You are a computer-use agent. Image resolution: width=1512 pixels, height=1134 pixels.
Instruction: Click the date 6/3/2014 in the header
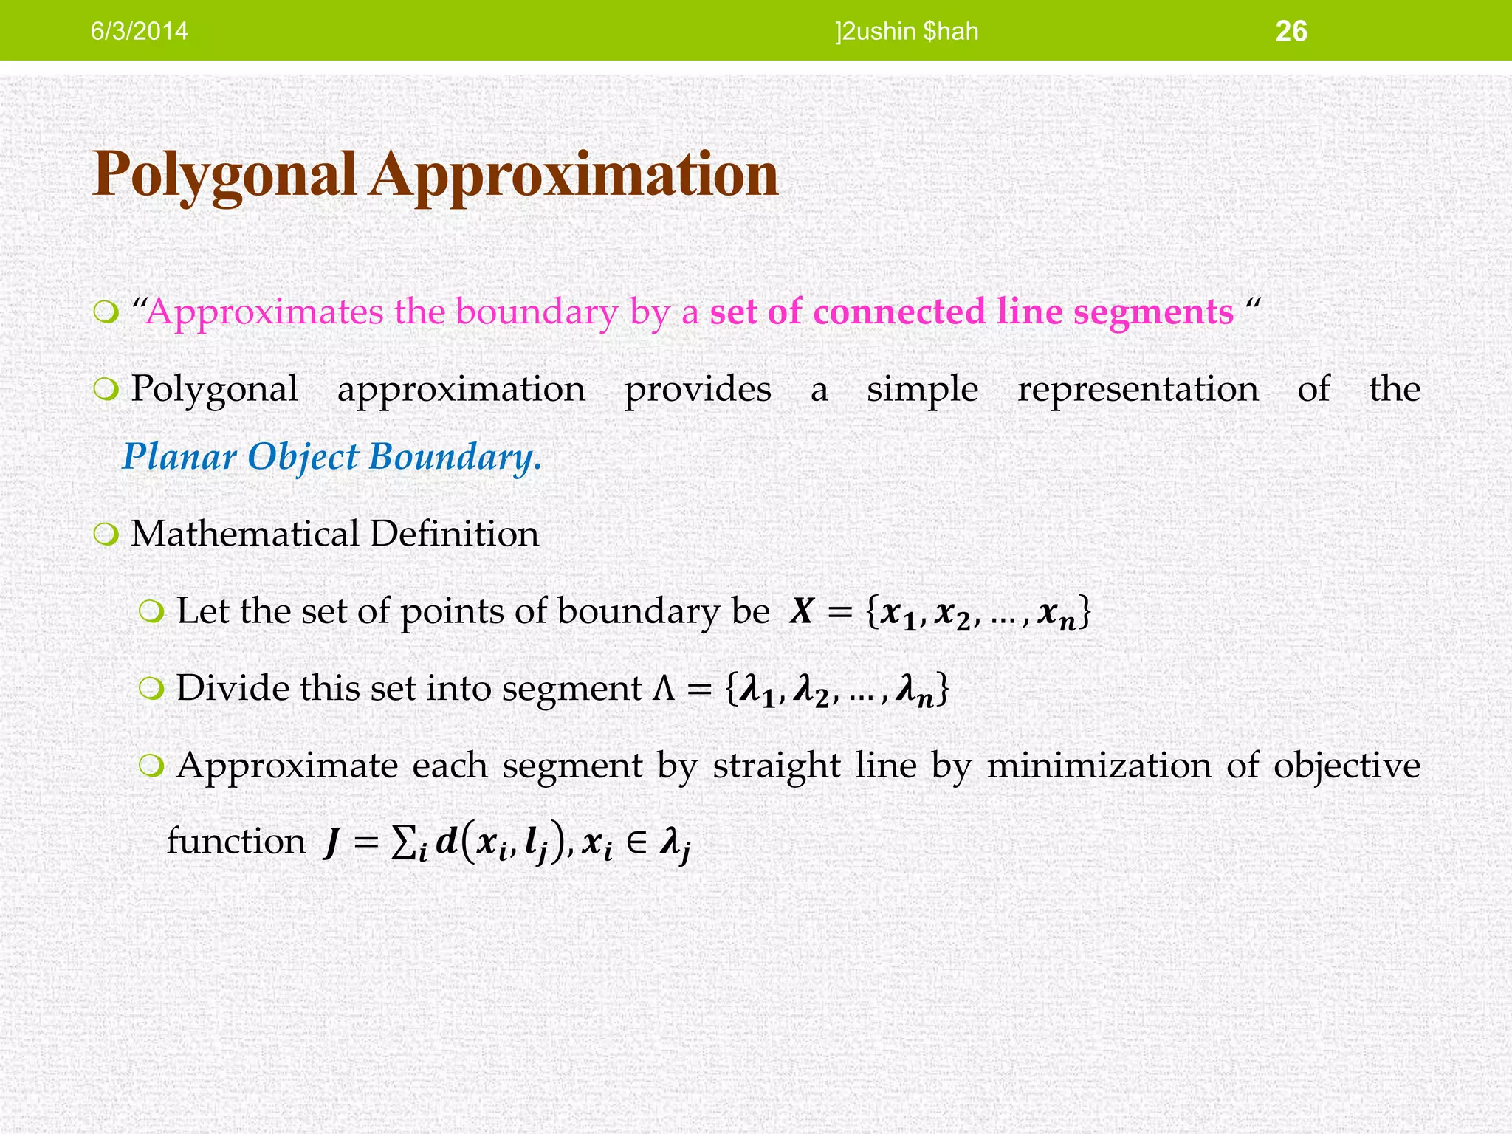point(139,32)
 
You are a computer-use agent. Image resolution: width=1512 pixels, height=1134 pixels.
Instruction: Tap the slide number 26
point(1291,32)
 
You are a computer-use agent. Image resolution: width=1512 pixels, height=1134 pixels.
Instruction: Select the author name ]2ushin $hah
point(907,32)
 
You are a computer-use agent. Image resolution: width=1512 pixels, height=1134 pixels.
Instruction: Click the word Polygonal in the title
point(224,175)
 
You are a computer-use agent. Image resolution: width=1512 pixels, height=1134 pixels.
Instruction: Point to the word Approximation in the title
point(574,175)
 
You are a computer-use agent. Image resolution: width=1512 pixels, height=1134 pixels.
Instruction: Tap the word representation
point(1138,389)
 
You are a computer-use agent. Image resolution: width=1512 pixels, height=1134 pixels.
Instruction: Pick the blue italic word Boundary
point(455,456)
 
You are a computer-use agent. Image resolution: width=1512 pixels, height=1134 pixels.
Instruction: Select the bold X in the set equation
point(802,612)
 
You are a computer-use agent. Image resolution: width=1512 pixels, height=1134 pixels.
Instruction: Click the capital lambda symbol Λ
point(664,689)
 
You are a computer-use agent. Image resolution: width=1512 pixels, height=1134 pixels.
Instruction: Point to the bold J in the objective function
point(332,843)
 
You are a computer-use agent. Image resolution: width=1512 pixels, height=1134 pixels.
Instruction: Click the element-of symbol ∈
point(636,843)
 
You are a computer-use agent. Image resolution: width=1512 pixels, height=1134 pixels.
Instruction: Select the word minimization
point(1099,766)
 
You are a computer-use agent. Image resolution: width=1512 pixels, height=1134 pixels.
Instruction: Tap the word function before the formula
point(236,842)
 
